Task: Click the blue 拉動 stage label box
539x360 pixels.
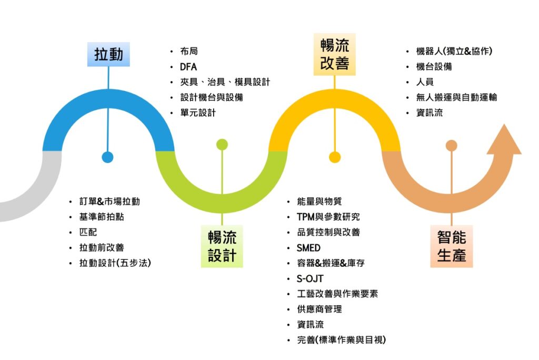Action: (108, 54)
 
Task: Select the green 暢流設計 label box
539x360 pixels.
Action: (222, 246)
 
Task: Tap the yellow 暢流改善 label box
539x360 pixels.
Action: (334, 53)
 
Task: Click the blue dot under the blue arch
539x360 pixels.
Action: (107, 157)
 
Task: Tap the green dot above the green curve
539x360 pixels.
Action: (222, 144)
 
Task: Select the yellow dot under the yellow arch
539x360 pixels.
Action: (334, 157)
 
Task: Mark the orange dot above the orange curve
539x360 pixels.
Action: (451, 145)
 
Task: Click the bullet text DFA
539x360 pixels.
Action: (188, 67)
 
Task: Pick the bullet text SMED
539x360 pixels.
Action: (308, 247)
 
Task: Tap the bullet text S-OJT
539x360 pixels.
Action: (310, 278)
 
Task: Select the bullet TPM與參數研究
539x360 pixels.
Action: (328, 217)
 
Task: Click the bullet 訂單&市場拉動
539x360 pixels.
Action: (109, 202)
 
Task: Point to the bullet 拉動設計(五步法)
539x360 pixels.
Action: (115, 263)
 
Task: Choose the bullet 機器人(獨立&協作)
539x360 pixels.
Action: (454, 52)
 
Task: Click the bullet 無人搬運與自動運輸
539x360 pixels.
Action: (456, 97)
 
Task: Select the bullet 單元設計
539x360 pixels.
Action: (198, 113)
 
